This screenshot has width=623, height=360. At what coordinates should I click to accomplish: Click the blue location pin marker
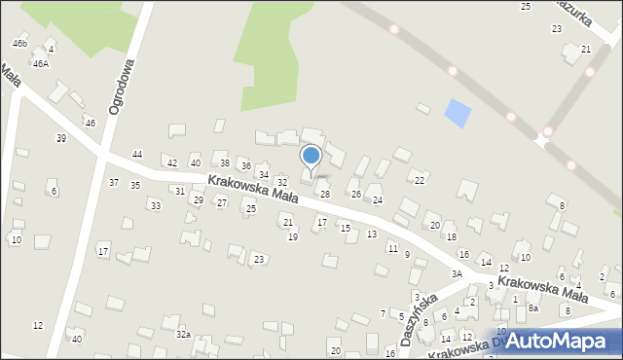(x=311, y=156)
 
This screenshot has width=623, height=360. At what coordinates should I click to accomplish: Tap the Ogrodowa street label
(x=122, y=85)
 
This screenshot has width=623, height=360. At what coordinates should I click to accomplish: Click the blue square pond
(x=456, y=114)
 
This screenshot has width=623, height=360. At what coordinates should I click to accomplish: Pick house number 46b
(x=19, y=44)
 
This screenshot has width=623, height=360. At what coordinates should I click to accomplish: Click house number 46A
(x=40, y=63)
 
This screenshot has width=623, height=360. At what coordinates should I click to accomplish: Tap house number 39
(x=60, y=138)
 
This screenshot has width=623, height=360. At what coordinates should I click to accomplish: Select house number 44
(x=137, y=155)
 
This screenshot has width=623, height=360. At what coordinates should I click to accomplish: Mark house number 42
(x=172, y=162)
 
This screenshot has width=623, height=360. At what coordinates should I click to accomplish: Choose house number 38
(x=224, y=162)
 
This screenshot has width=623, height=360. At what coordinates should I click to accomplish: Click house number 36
(x=246, y=167)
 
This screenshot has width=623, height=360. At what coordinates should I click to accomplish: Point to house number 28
(x=325, y=195)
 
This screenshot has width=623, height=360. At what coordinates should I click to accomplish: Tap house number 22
(x=420, y=181)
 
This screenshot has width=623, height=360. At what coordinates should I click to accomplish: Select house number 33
(x=155, y=205)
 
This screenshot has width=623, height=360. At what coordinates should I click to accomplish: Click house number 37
(x=114, y=183)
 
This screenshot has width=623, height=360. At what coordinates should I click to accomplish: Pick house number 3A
(x=458, y=274)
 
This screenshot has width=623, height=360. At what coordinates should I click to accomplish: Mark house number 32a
(x=182, y=334)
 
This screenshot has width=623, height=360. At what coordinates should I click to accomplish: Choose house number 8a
(x=533, y=307)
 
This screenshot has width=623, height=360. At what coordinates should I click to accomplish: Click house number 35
(x=135, y=185)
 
